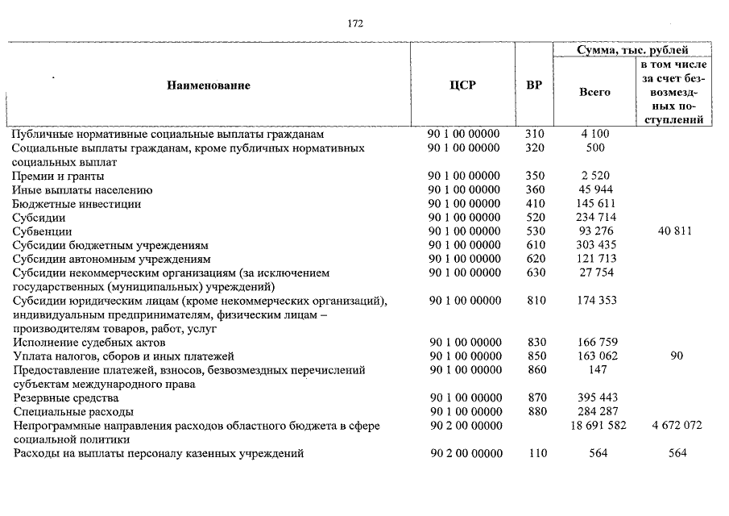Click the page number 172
pyautogui.click(x=355, y=23)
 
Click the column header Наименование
pyautogui.click(x=209, y=85)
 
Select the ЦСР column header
pyautogui.click(x=462, y=85)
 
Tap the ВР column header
pyautogui.click(x=533, y=85)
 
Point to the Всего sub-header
pyautogui.click(x=594, y=92)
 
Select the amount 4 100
pyautogui.click(x=594, y=134)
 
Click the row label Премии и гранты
pyautogui.click(x=58, y=176)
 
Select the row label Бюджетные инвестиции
pyautogui.click(x=77, y=204)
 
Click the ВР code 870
pyautogui.click(x=535, y=397)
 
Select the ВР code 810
pyautogui.click(x=535, y=301)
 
